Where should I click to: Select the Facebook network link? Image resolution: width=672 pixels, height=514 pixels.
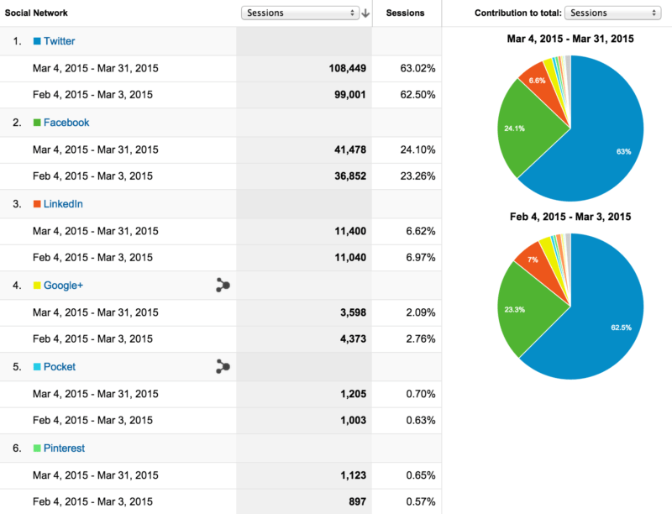[66, 122]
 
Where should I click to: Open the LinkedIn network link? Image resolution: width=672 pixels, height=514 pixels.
[63, 204]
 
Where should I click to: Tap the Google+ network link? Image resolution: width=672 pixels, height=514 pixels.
[63, 286]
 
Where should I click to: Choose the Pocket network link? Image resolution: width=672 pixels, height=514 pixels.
[60, 367]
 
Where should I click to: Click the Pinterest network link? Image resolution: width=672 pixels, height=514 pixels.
[64, 448]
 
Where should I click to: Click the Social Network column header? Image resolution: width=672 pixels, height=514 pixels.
[36, 13]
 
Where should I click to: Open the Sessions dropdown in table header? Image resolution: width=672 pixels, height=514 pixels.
[300, 13]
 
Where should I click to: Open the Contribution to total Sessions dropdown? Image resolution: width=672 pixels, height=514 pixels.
[612, 13]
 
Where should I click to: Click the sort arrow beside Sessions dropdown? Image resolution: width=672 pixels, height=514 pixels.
[365, 13]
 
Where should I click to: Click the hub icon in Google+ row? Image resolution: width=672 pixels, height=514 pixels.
[223, 286]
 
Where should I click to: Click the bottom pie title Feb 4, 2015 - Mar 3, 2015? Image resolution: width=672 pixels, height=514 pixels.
[570, 217]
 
